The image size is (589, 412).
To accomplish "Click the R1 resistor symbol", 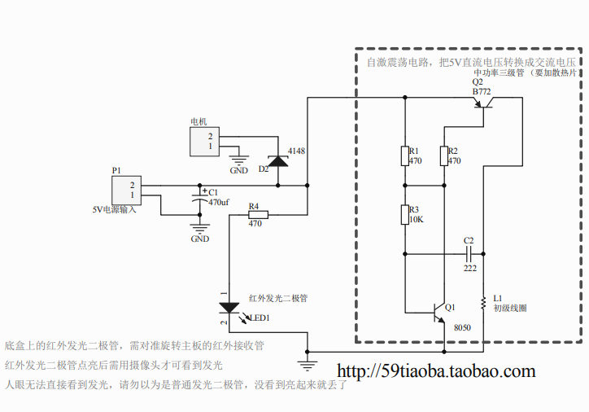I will pyautogui.click(x=404, y=156).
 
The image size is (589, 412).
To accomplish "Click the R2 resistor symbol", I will pyautogui.click(x=443, y=156).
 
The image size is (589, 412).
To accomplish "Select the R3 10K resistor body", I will pyautogui.click(x=404, y=214).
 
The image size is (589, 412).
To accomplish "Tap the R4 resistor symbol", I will pyautogui.click(x=255, y=215).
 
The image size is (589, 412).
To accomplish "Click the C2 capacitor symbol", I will pyautogui.click(x=468, y=253).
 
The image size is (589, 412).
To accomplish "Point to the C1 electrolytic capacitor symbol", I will pyautogui.click(x=198, y=197).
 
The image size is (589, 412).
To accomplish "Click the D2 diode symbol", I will pyautogui.click(x=279, y=160).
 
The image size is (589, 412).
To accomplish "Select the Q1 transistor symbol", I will pyautogui.click(x=438, y=310).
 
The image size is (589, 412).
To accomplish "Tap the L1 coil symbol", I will pyautogui.click(x=484, y=303).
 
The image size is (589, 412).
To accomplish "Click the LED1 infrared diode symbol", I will pyautogui.click(x=230, y=308).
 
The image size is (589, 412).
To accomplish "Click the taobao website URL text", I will pyautogui.click(x=436, y=372).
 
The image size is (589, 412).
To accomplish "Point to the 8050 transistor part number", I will pyautogui.click(x=461, y=327).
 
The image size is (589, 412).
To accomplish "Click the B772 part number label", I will pyautogui.click(x=482, y=92).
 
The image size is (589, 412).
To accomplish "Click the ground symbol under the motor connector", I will pyautogui.click(x=239, y=160).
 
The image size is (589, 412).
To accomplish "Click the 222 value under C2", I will pyautogui.click(x=470, y=268).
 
